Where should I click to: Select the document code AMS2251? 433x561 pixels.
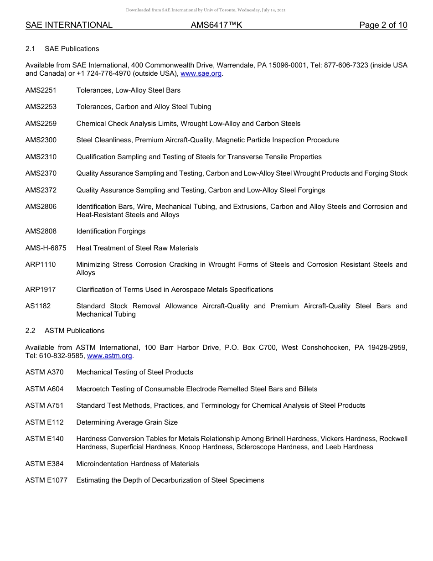41,90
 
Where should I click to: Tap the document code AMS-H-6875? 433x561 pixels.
46,248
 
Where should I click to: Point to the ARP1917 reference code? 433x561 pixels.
41,290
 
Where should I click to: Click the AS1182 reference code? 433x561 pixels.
38,306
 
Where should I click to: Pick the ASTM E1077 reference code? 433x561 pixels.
46,480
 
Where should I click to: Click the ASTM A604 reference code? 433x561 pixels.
45,389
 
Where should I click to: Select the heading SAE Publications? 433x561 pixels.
72,49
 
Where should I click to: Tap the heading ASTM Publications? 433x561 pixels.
74,331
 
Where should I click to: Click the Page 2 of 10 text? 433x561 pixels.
383,25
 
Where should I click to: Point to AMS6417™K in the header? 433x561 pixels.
216,25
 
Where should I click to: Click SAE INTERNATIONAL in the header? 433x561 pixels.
69,25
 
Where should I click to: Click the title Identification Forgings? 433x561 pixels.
111,231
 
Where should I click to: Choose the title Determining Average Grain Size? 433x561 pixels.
127,422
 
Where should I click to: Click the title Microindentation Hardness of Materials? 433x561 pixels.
138,464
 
